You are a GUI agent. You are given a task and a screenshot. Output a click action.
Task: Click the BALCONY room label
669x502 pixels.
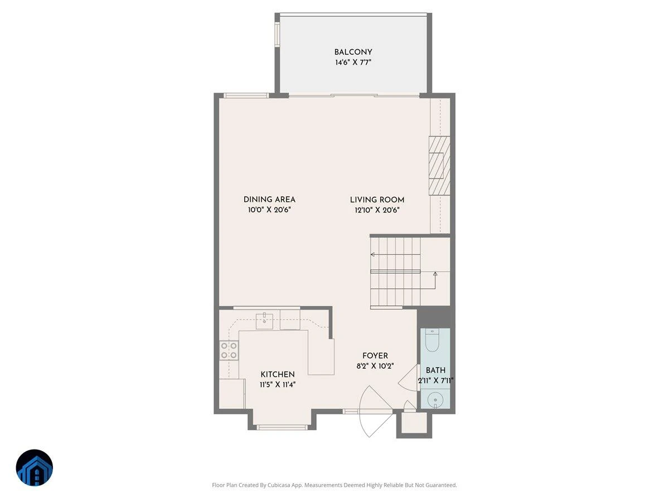[x=353, y=52]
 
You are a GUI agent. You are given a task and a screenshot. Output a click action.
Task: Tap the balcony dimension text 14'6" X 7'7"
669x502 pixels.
[x=353, y=62]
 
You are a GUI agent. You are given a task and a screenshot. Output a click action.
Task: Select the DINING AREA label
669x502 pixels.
[x=269, y=200]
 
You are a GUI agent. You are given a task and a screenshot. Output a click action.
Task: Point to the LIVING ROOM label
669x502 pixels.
[x=377, y=200]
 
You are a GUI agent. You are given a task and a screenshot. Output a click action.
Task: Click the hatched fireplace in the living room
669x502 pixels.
[x=439, y=166]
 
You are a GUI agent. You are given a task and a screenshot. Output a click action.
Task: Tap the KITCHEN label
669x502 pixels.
[x=277, y=374]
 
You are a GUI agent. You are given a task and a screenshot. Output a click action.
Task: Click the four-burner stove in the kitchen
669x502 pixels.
[x=229, y=350]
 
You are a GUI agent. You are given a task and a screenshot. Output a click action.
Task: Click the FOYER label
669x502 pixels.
[x=375, y=356]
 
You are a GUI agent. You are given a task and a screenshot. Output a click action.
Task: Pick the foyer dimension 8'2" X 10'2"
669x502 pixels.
[x=375, y=366]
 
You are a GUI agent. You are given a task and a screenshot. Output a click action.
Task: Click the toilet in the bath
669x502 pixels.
[x=432, y=340]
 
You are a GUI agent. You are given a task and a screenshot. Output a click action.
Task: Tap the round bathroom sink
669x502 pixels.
[x=435, y=399]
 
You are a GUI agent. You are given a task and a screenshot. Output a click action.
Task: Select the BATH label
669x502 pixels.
[x=435, y=370]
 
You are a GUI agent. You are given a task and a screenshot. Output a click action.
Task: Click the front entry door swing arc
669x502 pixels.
[x=360, y=412]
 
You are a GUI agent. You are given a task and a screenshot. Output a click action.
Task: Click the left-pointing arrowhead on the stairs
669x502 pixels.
[x=372, y=254]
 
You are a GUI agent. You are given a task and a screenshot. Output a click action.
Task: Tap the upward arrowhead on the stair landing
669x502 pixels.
[x=435, y=274]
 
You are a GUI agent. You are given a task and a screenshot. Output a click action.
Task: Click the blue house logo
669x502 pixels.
[x=35, y=467]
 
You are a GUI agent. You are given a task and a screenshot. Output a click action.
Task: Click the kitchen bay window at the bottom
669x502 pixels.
[x=282, y=427]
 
